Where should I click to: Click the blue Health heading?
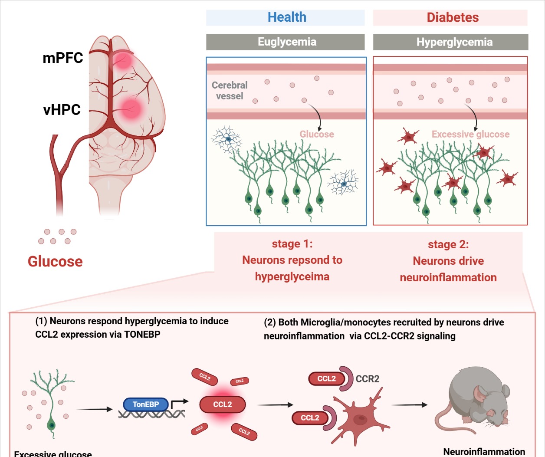[287, 17]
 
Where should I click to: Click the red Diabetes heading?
[453, 17]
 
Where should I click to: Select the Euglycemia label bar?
[286, 42]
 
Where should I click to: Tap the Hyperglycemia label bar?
[454, 42]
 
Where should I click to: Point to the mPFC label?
[63, 58]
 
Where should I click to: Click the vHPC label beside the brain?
[62, 110]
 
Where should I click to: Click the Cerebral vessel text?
[230, 91]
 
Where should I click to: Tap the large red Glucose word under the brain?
[55, 261]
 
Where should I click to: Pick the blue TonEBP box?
[146, 404]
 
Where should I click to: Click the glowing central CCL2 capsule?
[222, 404]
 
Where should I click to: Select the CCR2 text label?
[368, 379]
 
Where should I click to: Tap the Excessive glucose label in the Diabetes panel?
[470, 135]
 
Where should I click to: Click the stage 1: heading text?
[292, 244]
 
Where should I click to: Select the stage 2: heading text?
[448, 245]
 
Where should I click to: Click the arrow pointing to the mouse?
[409, 405]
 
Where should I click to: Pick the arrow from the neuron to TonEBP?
[94, 409]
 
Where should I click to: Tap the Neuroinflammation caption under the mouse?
[484, 452]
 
